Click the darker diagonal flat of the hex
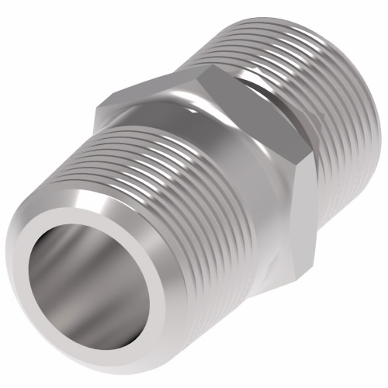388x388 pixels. coord(256,147)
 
